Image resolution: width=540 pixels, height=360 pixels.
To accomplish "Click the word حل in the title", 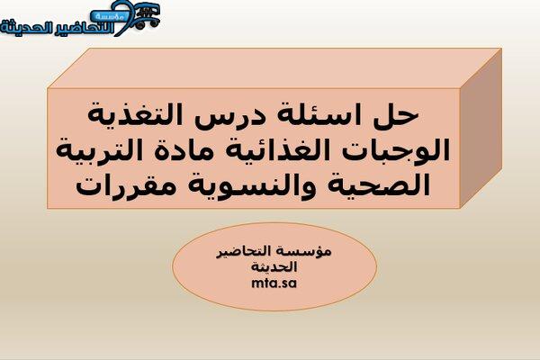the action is pos(396,115).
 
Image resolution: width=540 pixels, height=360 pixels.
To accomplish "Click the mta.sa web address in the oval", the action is pos(274,283).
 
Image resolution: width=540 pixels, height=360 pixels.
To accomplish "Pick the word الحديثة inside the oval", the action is pos(274,266).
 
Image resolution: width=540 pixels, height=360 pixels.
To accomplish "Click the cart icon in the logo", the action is pos(147,15).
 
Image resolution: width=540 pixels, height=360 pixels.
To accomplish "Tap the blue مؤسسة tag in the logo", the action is pos(108,16).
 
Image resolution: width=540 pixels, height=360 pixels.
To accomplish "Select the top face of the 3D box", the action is pos(274,68).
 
